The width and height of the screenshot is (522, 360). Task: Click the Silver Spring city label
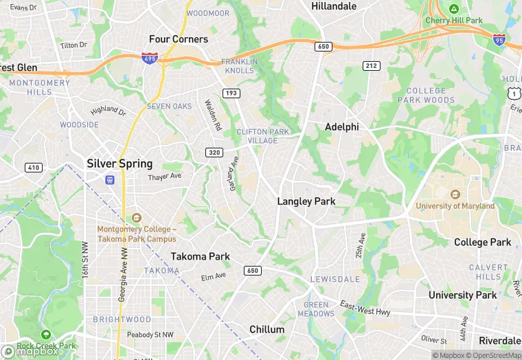tap(120, 164)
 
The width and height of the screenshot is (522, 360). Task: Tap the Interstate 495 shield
tap(149, 59)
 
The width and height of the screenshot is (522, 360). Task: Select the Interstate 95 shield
tap(499, 41)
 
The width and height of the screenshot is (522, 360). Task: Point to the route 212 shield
tap(372, 65)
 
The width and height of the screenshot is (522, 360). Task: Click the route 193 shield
tap(230, 93)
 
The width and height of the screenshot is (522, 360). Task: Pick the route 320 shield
tap(214, 153)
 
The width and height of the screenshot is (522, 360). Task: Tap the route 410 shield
tap(33, 168)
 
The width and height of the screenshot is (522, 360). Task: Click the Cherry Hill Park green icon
tap(453, 9)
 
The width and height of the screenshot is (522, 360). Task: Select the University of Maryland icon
tap(455, 194)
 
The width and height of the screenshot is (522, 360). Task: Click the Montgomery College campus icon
tap(136, 218)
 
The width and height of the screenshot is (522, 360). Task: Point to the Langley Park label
tap(306, 201)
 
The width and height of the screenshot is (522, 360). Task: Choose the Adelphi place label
tap(341, 127)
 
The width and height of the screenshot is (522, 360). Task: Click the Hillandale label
tap(334, 6)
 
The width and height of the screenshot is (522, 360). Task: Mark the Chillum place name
tap(266, 329)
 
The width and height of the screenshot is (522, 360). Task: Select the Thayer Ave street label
tap(164, 177)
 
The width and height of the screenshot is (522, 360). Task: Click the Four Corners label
tap(179, 39)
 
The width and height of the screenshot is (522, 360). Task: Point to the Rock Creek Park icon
tap(45, 335)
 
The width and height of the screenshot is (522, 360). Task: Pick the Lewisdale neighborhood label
tap(335, 280)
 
